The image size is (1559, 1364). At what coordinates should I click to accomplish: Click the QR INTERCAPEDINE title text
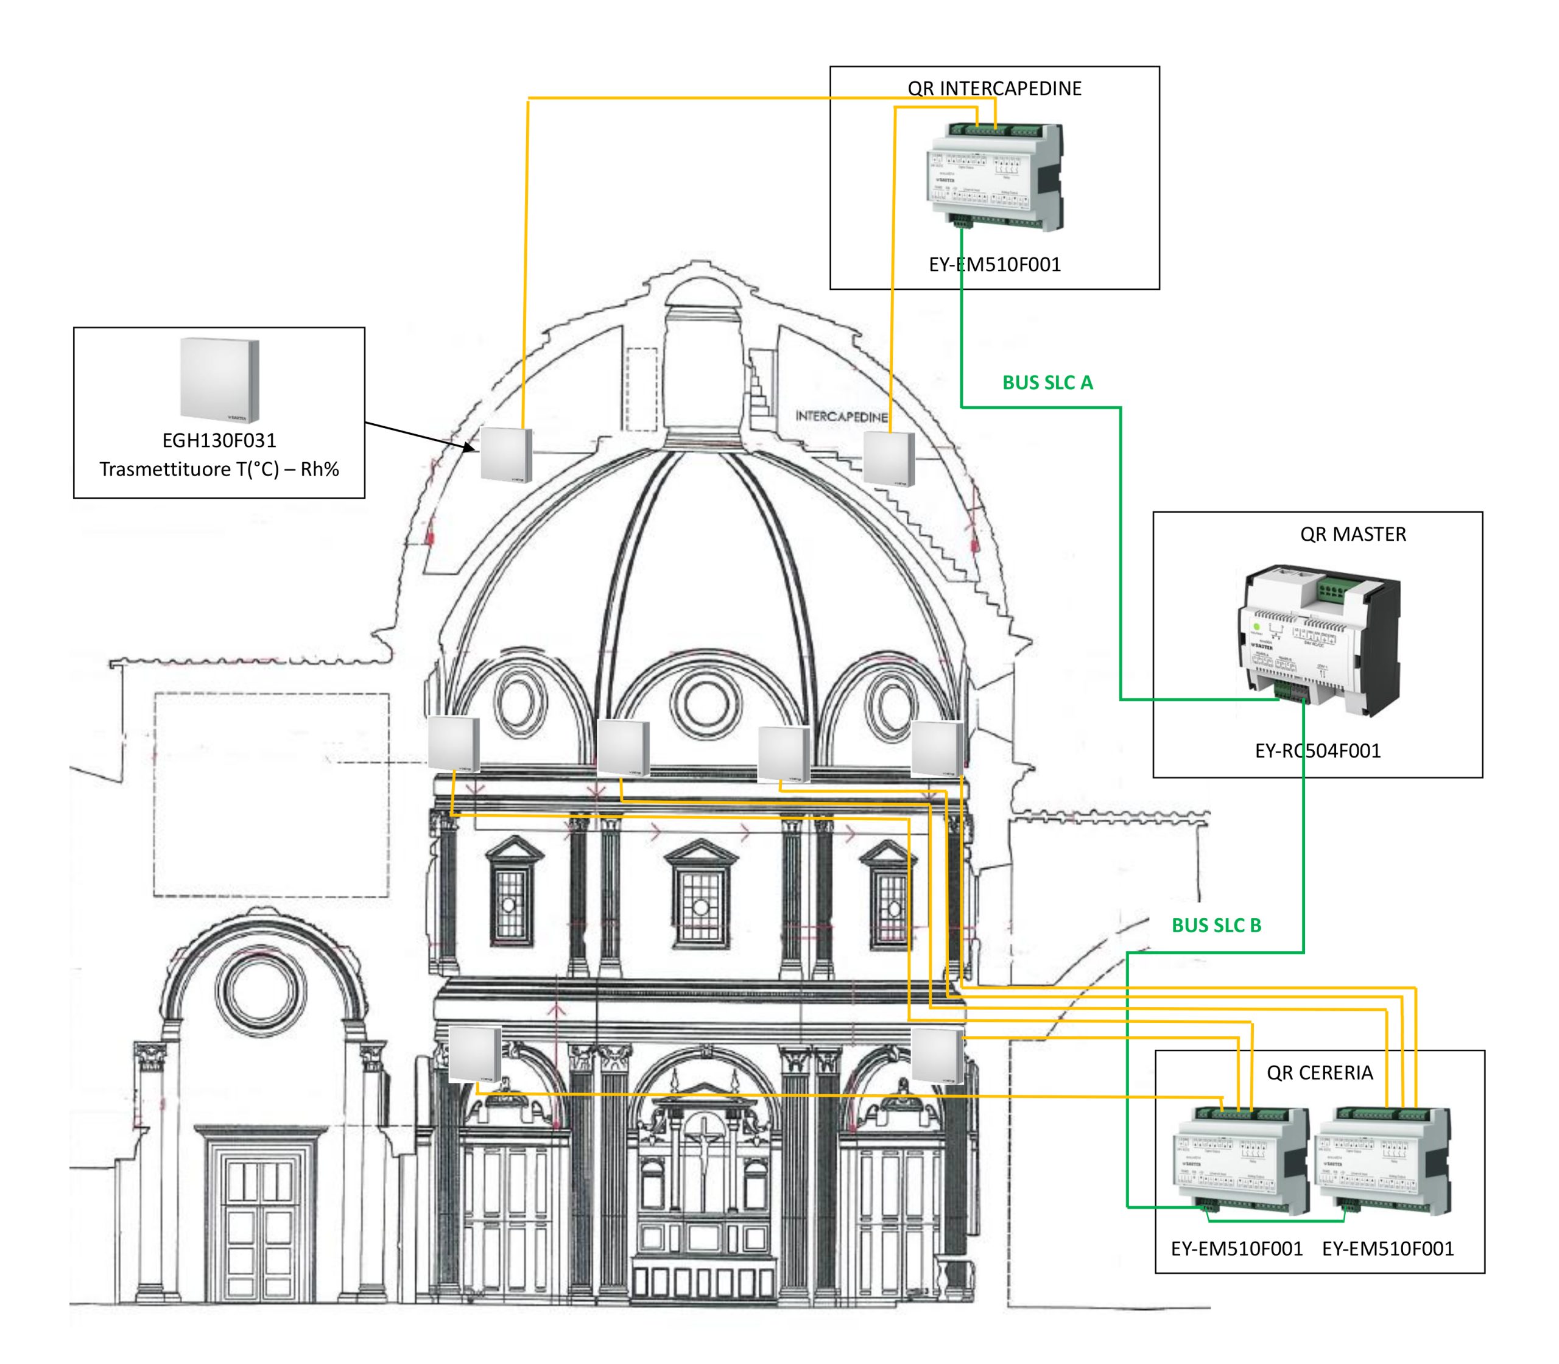[x=994, y=88]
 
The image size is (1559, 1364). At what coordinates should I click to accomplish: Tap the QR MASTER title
[x=1353, y=535]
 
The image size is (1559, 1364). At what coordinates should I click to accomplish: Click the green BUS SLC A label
[x=1047, y=383]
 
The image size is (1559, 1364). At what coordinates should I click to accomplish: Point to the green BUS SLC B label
[x=1216, y=926]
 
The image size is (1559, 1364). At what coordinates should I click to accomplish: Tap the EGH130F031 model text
[x=219, y=441]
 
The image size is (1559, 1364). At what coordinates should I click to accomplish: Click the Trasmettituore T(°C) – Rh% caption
[x=219, y=469]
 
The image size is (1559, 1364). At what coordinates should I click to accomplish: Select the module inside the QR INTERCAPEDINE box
[x=994, y=177]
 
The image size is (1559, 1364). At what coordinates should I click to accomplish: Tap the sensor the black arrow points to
[x=506, y=454]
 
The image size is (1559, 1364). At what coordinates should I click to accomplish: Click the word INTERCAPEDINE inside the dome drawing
[x=841, y=417]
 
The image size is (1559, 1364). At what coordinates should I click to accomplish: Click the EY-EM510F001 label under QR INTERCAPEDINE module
[x=994, y=265]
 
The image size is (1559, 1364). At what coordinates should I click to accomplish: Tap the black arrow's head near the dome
[x=469, y=448]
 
